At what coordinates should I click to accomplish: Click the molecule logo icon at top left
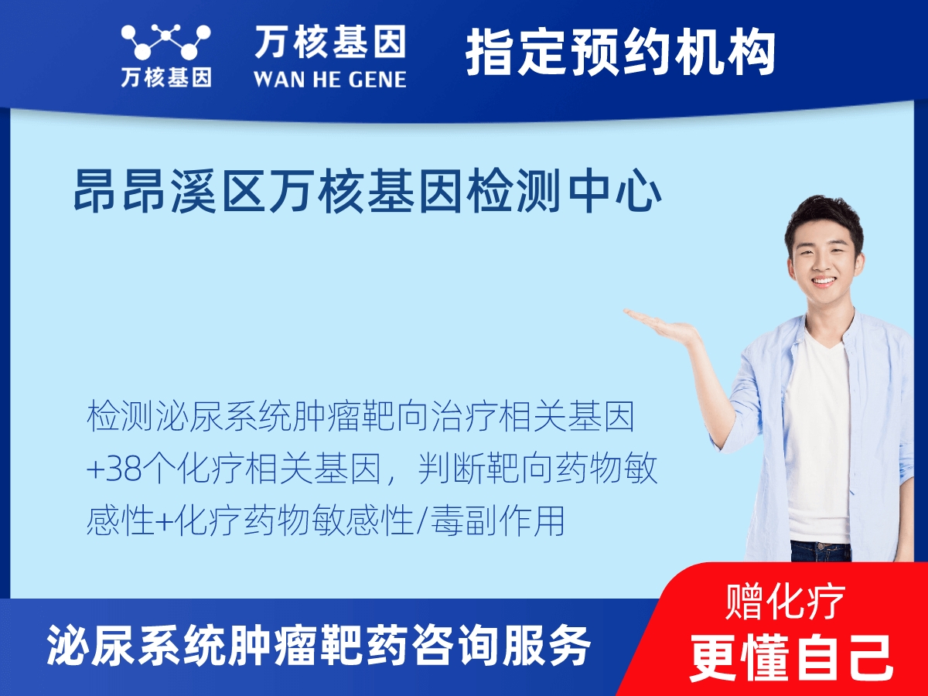[x=165, y=42]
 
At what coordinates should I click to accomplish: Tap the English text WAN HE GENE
[x=330, y=80]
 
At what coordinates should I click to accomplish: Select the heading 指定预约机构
[x=620, y=52]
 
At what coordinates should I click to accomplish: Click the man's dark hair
[x=824, y=220]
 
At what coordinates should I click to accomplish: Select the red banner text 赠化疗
[x=785, y=602]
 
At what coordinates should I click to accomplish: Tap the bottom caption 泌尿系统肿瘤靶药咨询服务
[x=319, y=646]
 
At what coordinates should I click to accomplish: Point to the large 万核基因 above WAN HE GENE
[x=330, y=42]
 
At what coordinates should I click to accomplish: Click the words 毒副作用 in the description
[x=497, y=521]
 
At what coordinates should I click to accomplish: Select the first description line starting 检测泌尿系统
[x=360, y=417]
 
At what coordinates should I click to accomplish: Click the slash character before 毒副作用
[x=421, y=521]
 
